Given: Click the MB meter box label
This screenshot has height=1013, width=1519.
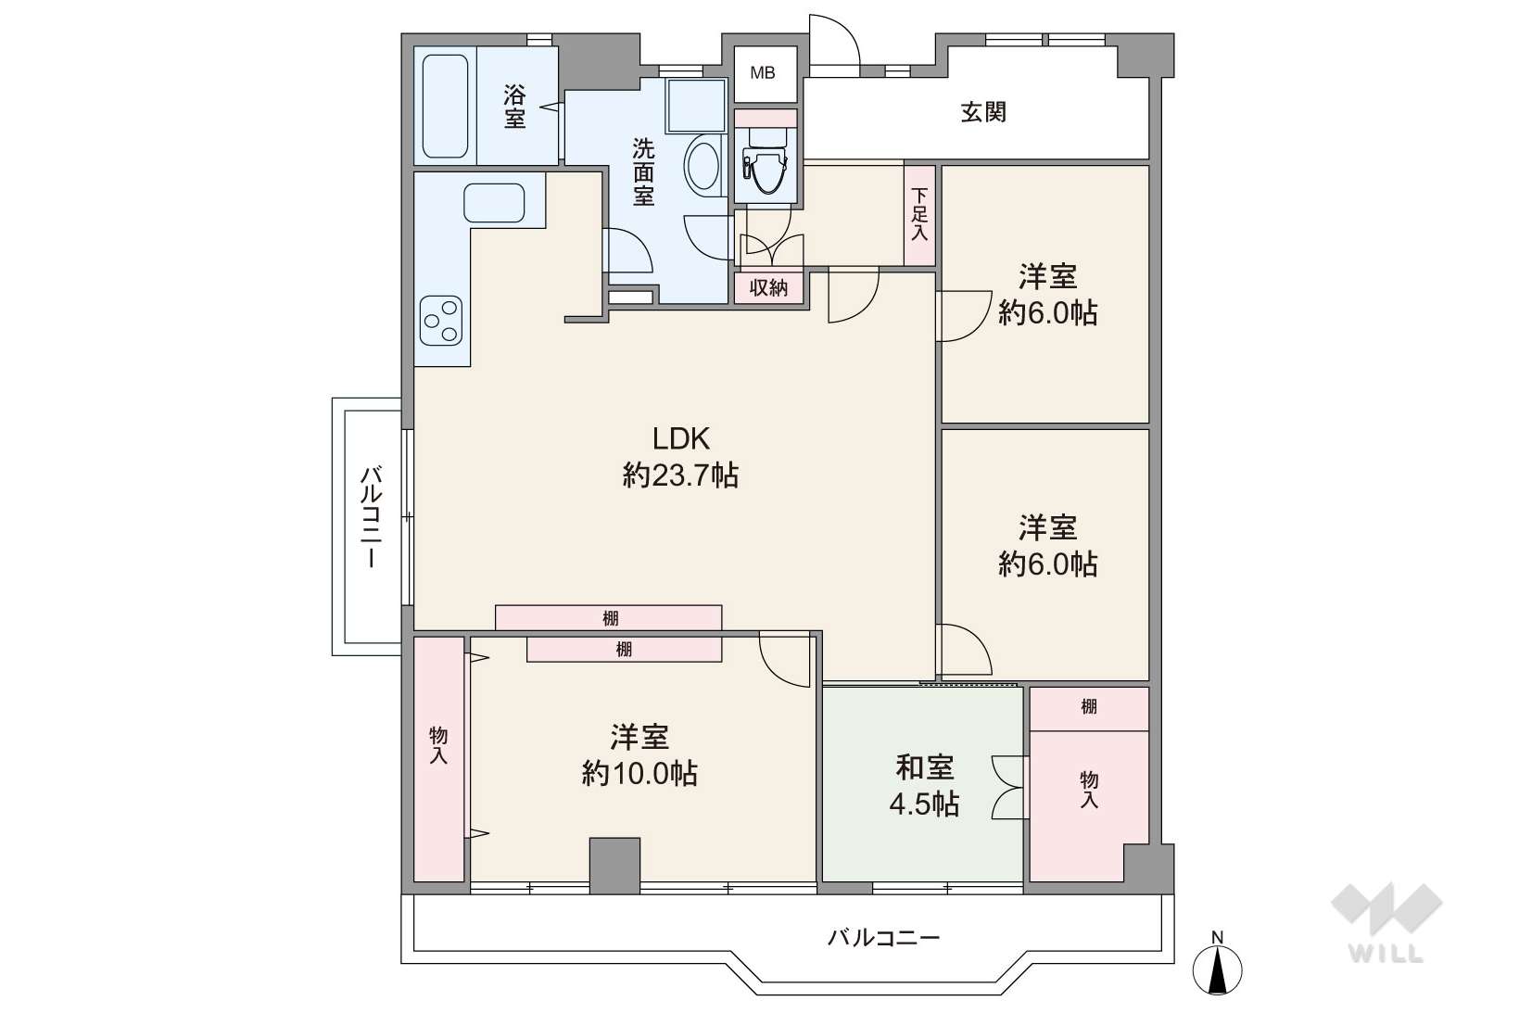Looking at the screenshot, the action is click(x=763, y=72).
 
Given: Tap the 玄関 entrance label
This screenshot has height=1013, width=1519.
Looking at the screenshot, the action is click(x=983, y=112).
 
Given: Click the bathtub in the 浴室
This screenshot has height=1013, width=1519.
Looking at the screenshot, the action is click(x=445, y=106).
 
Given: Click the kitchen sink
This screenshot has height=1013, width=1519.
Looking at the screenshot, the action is click(x=494, y=202).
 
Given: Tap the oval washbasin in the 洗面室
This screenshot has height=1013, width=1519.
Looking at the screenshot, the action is click(x=703, y=166).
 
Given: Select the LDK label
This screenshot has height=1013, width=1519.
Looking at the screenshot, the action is click(x=681, y=438).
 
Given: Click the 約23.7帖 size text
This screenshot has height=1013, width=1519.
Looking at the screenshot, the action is click(x=681, y=475).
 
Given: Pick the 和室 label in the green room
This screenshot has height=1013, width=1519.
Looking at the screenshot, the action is click(x=924, y=767).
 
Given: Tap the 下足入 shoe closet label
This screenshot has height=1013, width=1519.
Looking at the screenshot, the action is click(x=919, y=214).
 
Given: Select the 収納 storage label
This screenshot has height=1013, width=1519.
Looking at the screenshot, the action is click(x=768, y=288).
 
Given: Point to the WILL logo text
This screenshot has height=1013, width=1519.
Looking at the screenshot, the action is click(x=1386, y=955).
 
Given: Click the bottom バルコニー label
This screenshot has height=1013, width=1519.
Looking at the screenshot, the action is click(x=883, y=938).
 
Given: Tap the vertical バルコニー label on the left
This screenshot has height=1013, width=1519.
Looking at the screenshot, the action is click(x=371, y=516).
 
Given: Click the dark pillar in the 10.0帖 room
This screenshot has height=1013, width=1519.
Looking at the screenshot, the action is click(x=614, y=866).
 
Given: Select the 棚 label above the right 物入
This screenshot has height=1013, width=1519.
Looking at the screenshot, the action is click(x=1088, y=706).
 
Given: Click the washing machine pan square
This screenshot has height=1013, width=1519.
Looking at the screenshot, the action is click(x=696, y=107).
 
